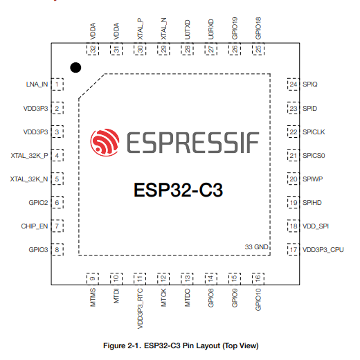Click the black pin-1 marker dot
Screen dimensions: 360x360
pyautogui.click(x=75, y=68)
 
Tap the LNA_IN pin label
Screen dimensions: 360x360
pyautogui.click(x=37, y=84)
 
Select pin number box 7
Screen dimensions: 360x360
pyautogui.click(x=57, y=226)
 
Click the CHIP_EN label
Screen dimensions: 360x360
pyautogui.click(x=35, y=226)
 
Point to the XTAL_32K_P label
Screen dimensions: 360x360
pyautogui.click(x=29, y=156)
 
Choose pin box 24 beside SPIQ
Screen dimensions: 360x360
pyautogui.click(x=294, y=84)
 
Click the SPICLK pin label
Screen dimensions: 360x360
pyautogui.click(x=314, y=132)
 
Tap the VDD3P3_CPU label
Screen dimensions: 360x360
pyautogui.click(x=323, y=250)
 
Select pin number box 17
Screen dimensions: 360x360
pyautogui.click(x=294, y=249)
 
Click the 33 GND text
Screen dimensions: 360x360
pyautogui.click(x=256, y=247)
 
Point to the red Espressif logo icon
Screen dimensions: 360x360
pyautogui.click(x=105, y=141)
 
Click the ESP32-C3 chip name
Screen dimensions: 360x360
pyautogui.click(x=179, y=190)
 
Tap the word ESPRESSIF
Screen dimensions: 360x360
pyautogui.click(x=193, y=143)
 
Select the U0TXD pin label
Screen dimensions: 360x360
pyautogui.click(x=187, y=30)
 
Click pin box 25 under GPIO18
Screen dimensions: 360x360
pyautogui.click(x=258, y=49)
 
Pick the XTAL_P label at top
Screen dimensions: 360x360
pyautogui.click(x=140, y=29)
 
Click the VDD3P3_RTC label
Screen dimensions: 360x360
pyautogui.click(x=140, y=308)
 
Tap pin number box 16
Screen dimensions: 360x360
pyautogui.click(x=258, y=278)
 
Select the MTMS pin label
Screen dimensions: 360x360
pyautogui.click(x=93, y=298)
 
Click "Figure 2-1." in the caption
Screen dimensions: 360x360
pyautogui.click(x=123, y=345)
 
